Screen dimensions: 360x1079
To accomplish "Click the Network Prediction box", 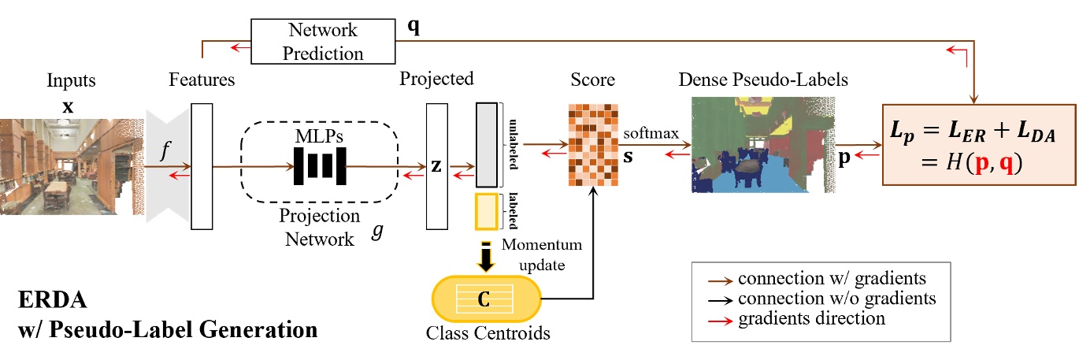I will tap(322, 43).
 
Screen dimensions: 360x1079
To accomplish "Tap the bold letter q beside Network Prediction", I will tap(413, 26).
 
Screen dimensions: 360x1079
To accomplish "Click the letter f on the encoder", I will tap(164, 150).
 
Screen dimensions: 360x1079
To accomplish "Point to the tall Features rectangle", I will tap(202, 166).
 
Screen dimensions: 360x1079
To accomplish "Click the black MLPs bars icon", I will tap(319, 166).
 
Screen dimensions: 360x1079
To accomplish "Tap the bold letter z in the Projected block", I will tap(436, 167).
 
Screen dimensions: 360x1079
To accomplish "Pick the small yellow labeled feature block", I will tap(485, 211).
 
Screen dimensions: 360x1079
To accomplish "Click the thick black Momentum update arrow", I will tap(486, 255).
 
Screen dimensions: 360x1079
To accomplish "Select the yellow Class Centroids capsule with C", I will tap(486, 299).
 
